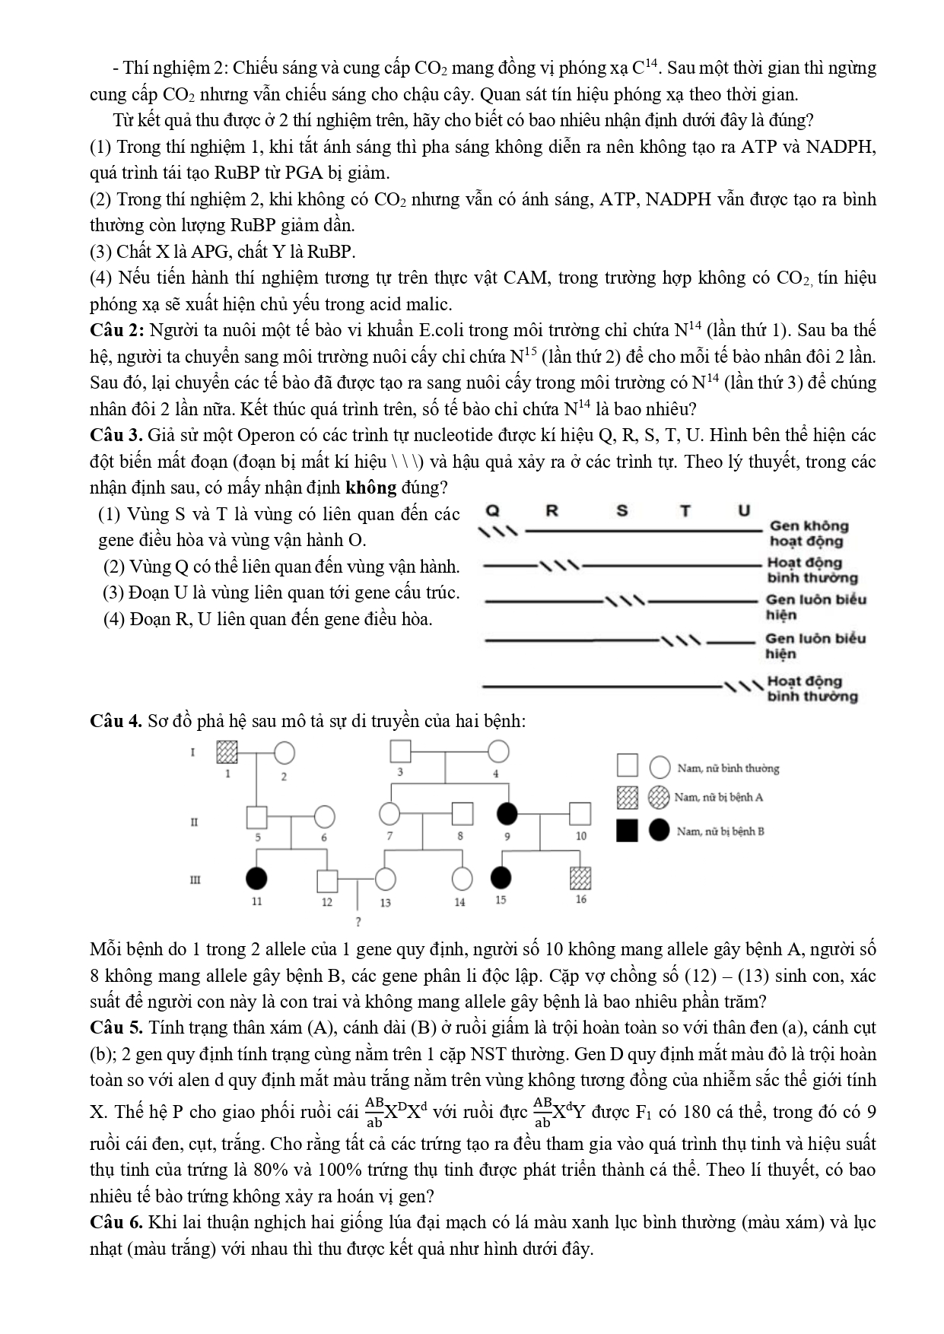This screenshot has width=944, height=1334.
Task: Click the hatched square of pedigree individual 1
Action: pyautogui.click(x=227, y=751)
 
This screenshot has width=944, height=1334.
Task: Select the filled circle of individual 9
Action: pyautogui.click(x=507, y=815)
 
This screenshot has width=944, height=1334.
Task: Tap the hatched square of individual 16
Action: pyautogui.click(x=580, y=878)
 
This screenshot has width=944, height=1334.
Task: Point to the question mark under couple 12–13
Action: pyautogui.click(x=358, y=922)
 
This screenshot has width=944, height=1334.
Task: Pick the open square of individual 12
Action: pyautogui.click(x=327, y=880)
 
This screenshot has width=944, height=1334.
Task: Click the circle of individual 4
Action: pyautogui.click(x=498, y=751)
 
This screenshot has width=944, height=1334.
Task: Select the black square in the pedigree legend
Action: pyautogui.click(x=627, y=831)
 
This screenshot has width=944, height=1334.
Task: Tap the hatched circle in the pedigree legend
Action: pyautogui.click(x=659, y=797)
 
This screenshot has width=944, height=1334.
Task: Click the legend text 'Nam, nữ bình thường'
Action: pyautogui.click(x=728, y=769)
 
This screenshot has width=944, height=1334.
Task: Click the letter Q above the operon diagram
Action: pyautogui.click(x=493, y=510)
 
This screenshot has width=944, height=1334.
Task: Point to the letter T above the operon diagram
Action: pyautogui.click(x=685, y=510)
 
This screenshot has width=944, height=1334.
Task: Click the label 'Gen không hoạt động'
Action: pyautogui.click(x=808, y=533)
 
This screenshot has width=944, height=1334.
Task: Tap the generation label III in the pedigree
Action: pyautogui.click(x=195, y=880)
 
